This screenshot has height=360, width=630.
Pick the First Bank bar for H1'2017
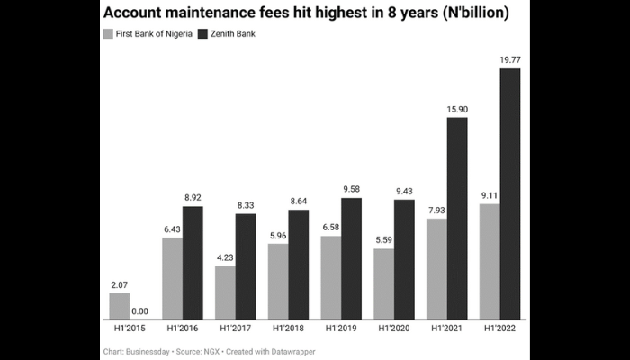click(225, 293)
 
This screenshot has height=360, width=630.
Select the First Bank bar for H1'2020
click(383, 284)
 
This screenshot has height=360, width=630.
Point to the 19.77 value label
click(510, 60)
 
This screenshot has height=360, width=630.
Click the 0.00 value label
click(139, 311)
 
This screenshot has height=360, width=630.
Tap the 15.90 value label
click(457, 109)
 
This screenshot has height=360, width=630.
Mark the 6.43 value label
click(172, 229)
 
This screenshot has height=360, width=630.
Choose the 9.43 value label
click(404, 191)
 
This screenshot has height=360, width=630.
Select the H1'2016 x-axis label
click(183, 330)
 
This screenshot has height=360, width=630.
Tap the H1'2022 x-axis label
click(499, 330)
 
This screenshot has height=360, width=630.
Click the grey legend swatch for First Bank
click(109, 34)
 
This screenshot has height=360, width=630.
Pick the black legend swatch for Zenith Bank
click(202, 34)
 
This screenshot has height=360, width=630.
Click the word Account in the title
click(136, 14)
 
